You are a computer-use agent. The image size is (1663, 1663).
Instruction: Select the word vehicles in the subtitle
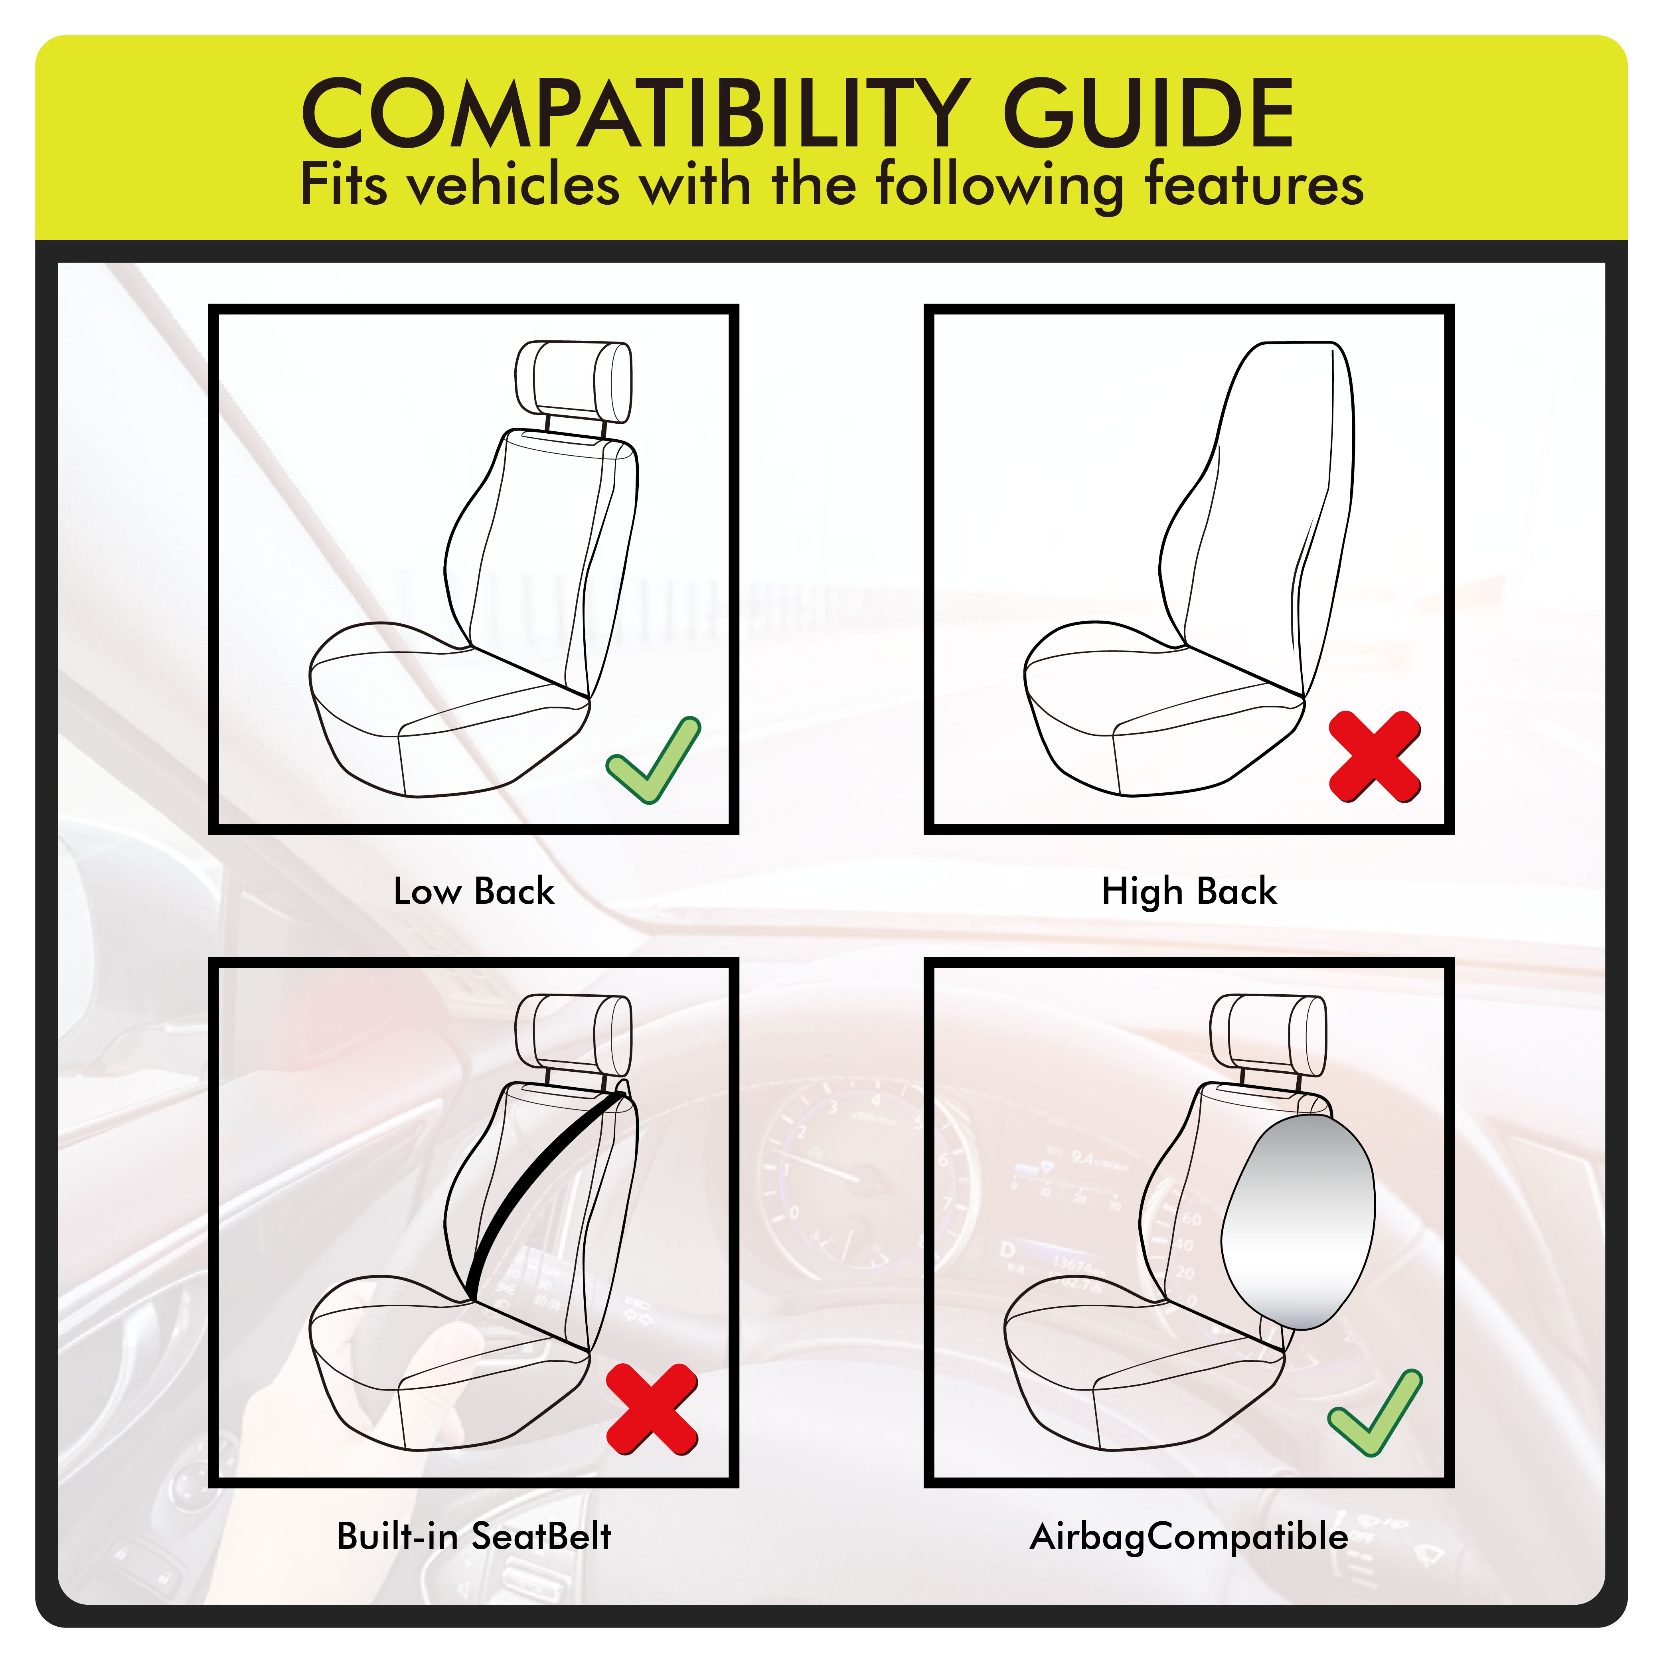[514, 185]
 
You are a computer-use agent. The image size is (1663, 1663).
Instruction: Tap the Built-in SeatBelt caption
[474, 1536]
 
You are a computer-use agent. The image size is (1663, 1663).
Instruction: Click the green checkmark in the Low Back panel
[653, 760]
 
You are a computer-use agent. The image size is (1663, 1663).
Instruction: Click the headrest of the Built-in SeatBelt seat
[573, 1033]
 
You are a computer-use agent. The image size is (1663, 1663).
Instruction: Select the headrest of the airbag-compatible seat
[1268, 1033]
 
